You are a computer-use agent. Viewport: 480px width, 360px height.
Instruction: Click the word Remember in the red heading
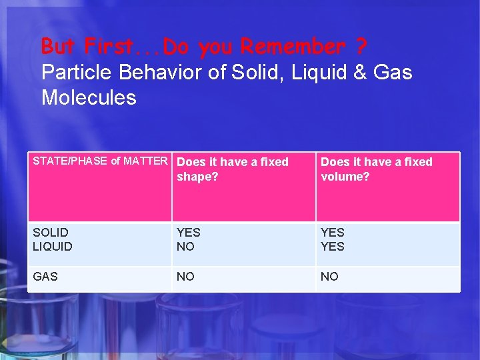pyautogui.click(x=293, y=47)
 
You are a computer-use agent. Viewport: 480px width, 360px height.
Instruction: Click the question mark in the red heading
pyautogui.click(x=361, y=47)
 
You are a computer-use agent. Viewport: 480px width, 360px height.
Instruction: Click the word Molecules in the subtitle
pyautogui.click(x=89, y=97)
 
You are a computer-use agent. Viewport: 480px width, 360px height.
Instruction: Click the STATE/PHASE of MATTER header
pyautogui.click(x=100, y=161)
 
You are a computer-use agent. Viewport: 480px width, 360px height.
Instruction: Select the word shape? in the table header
pyautogui.click(x=197, y=177)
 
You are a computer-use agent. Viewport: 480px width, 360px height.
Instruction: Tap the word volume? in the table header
pyautogui.click(x=345, y=177)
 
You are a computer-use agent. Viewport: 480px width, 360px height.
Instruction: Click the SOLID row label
pyautogui.click(x=50, y=233)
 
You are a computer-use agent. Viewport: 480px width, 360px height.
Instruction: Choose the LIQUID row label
pyautogui.click(x=53, y=247)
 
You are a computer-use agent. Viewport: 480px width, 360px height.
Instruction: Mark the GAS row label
pyautogui.click(x=45, y=277)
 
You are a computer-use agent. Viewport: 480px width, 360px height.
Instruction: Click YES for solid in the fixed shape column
pyautogui.click(x=188, y=233)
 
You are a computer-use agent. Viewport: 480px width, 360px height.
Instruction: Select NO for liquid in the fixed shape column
pyautogui.click(x=185, y=247)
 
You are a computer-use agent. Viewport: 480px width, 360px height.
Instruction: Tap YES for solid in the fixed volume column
pyautogui.click(x=333, y=233)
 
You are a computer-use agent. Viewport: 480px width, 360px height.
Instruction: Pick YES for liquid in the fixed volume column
pyautogui.click(x=333, y=247)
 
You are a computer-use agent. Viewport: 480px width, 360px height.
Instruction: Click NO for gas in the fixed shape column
pyautogui.click(x=185, y=277)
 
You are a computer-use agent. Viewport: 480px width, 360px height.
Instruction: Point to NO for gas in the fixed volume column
pyautogui.click(x=329, y=277)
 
